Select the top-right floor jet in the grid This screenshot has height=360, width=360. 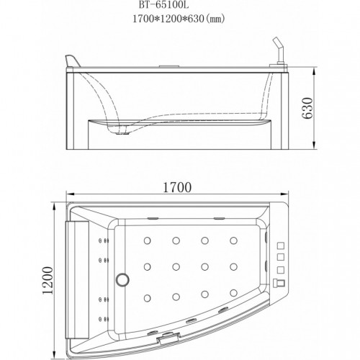coord(233,240)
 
